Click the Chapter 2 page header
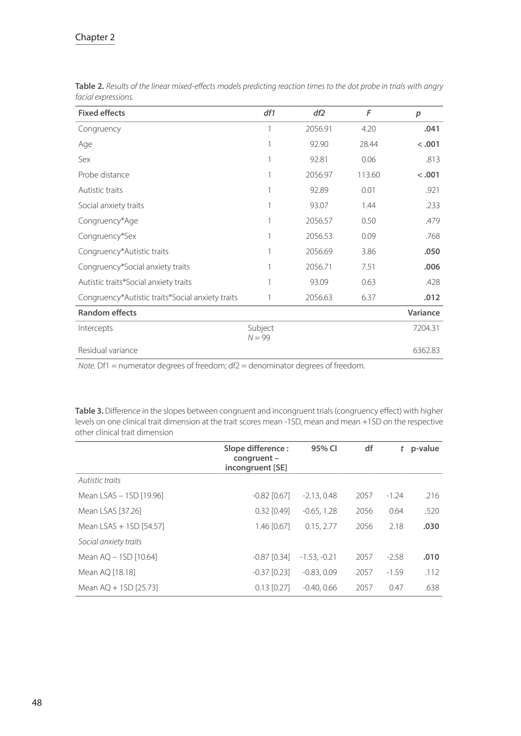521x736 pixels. coord(95,37)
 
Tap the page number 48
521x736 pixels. coord(37,703)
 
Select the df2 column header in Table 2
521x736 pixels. coord(319,113)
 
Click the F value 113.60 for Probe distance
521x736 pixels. coord(368,175)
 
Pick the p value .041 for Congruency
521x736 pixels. coord(432,129)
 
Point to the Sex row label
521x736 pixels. coord(84,159)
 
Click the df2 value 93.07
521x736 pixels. coord(319,205)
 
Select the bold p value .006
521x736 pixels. coord(432,267)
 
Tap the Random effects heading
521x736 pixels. coord(107,313)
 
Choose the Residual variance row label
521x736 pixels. coord(108,350)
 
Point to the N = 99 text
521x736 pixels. coord(259,338)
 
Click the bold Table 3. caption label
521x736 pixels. coord(89,411)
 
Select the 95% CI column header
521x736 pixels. coord(324,449)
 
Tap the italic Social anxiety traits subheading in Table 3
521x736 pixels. coord(110,542)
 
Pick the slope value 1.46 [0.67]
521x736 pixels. coord(273,526)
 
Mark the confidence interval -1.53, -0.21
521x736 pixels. coord(318,557)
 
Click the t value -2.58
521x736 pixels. coord(395,557)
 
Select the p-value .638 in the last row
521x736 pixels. coord(432,588)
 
